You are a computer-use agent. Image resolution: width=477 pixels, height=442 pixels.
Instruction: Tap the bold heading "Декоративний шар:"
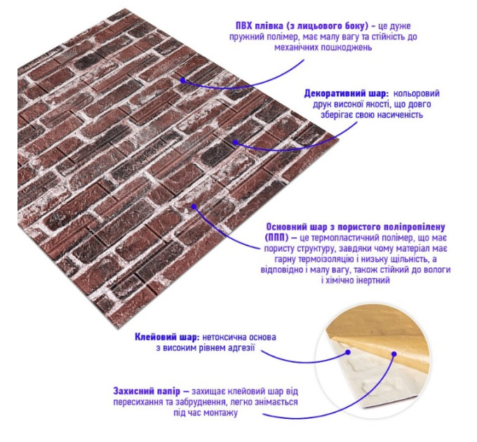[347, 94]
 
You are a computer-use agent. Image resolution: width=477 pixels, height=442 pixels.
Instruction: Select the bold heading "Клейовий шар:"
[167, 337]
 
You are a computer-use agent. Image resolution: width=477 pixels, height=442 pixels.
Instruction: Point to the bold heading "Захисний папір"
[147, 391]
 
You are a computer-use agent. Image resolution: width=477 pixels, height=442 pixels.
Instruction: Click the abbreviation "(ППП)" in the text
[276, 238]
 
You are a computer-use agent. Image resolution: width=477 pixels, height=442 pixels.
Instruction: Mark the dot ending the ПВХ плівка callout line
[182, 81]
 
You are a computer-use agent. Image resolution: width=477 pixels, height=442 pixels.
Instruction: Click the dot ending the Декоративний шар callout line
[235, 142]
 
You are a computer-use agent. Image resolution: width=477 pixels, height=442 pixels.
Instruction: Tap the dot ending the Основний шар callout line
[194, 206]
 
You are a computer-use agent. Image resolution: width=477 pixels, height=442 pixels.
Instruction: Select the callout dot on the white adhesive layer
[348, 352]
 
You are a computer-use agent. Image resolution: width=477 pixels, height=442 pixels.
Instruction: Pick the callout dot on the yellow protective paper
[394, 354]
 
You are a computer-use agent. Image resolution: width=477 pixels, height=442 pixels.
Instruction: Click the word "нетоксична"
[224, 337]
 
